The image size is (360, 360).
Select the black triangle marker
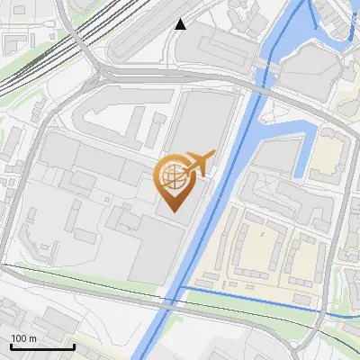pyautogui.click(x=181, y=24)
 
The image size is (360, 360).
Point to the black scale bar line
pyautogui.click(x=42, y=346)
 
